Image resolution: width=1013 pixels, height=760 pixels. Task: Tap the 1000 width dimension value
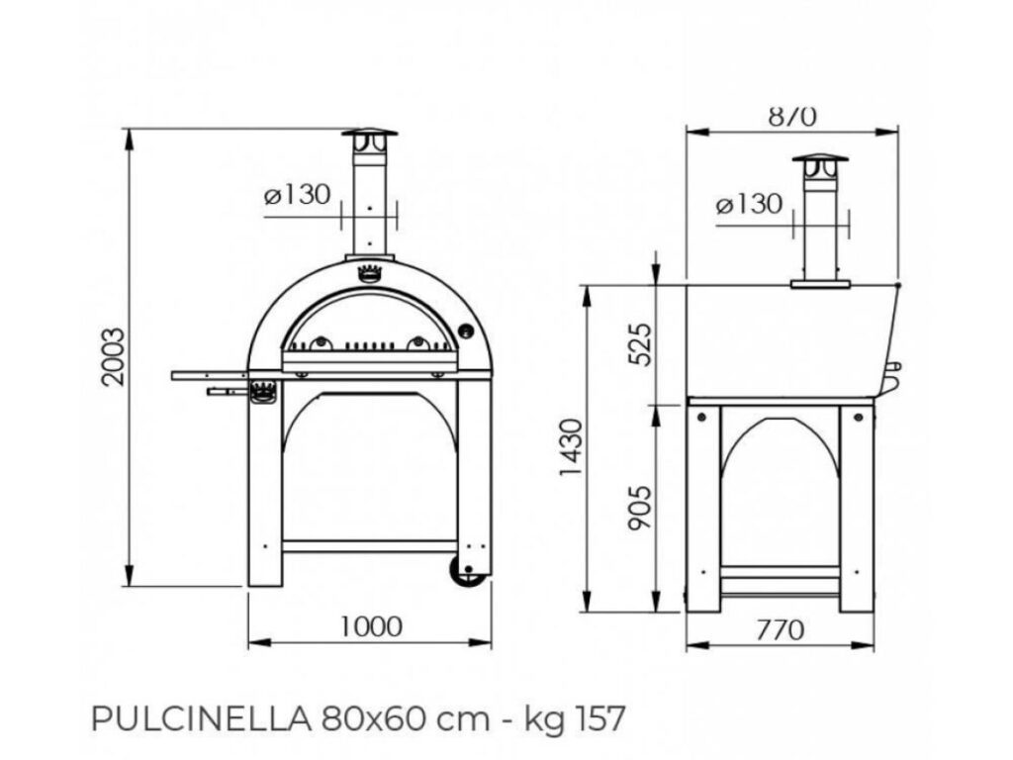[370, 625]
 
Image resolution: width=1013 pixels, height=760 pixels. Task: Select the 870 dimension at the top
[792, 117]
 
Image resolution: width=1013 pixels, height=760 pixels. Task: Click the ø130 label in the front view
[297, 195]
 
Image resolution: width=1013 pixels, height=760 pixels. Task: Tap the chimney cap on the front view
[369, 134]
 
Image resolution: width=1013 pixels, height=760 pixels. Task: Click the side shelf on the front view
[210, 375]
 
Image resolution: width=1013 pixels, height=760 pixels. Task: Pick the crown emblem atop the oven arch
[369, 274]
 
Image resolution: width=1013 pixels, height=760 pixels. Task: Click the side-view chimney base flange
[820, 284]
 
